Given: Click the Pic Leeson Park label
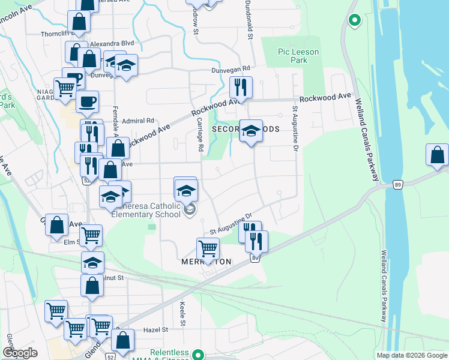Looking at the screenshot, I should (x=298, y=56).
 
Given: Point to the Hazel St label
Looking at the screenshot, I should (x=155, y=329).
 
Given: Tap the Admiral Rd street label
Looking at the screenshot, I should (x=138, y=120).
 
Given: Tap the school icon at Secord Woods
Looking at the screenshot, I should (x=251, y=131).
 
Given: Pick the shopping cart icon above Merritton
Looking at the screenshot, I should (x=208, y=247).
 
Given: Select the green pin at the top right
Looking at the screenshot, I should (x=354, y=20).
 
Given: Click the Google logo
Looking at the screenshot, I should (x=20, y=353).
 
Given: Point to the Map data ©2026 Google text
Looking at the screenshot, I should (x=411, y=355).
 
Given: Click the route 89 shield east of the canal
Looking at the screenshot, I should (x=398, y=184).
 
